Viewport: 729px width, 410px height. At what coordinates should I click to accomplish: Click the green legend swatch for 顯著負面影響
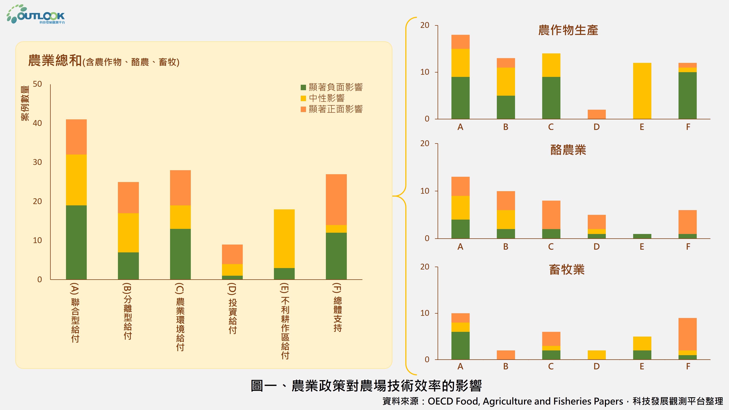pyautogui.click(x=303, y=87)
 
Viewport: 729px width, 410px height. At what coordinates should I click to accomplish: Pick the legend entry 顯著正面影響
pyautogui.click(x=335, y=109)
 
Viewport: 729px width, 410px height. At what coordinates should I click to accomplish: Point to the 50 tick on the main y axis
pyautogui.click(x=37, y=84)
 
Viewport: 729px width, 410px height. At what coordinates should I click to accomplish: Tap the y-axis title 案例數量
pyautogui.click(x=25, y=103)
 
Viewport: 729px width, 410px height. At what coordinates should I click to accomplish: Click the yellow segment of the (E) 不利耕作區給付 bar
pyautogui.click(x=284, y=239)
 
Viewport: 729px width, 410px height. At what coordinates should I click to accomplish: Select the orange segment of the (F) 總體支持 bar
pyautogui.click(x=336, y=200)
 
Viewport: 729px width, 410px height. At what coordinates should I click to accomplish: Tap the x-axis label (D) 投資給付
pyautogui.click(x=232, y=309)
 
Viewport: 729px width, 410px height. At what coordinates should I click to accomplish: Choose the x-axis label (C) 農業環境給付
pyautogui.click(x=180, y=317)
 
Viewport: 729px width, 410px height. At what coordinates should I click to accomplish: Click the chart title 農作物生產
pyautogui.click(x=568, y=30)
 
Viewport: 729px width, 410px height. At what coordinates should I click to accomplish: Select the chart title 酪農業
pyautogui.click(x=568, y=150)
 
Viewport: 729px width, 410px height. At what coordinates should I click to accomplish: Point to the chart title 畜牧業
pyautogui.click(x=567, y=270)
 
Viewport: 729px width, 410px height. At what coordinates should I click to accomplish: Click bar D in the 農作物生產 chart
pyautogui.click(x=597, y=114)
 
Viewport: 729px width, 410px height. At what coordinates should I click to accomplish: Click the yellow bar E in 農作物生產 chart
pyautogui.click(x=642, y=91)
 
